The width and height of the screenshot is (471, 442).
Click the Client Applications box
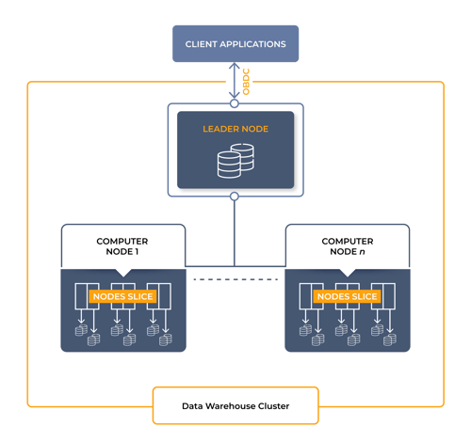pyautogui.click(x=235, y=43)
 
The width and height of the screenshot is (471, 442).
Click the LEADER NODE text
pyautogui.click(x=235, y=129)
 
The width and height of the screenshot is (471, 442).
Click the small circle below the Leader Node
pyautogui.click(x=235, y=197)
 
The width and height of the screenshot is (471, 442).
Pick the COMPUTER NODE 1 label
pyautogui.click(x=123, y=246)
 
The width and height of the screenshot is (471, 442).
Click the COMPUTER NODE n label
pyautogui.click(x=348, y=246)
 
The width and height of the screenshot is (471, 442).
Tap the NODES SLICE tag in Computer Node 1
pyautogui.click(x=123, y=296)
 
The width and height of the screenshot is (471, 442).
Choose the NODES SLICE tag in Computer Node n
pyautogui.click(x=348, y=296)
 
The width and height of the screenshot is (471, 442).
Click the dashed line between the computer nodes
pyautogui.click(x=235, y=280)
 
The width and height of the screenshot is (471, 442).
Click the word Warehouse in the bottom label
pyautogui.click(x=238, y=407)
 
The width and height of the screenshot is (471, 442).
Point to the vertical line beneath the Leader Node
pyautogui.click(x=235, y=230)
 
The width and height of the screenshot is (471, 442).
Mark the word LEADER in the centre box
pyautogui.click(x=221, y=129)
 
